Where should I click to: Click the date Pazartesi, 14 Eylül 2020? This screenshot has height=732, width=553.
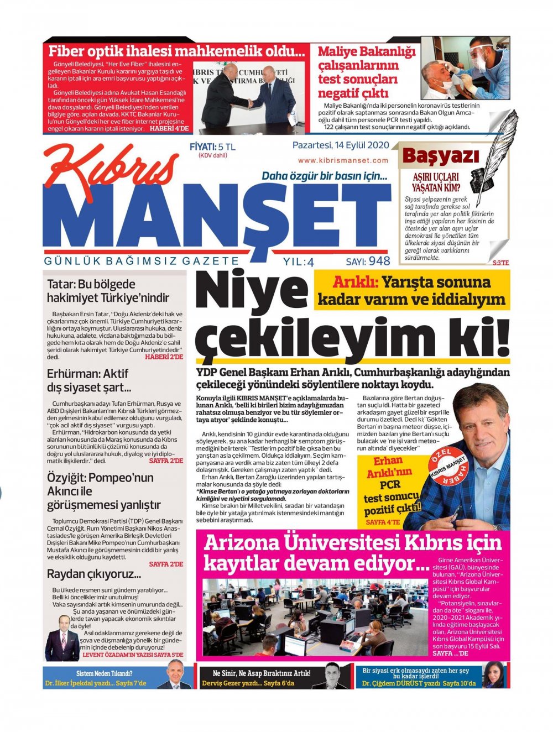341,146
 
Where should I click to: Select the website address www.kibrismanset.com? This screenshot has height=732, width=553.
343,160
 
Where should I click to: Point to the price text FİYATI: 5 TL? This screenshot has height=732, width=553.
212,147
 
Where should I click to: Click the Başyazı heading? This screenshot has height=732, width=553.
440,156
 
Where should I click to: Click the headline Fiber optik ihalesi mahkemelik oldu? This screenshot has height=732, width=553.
176,52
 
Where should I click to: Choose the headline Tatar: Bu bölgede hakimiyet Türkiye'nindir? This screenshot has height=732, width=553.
108,291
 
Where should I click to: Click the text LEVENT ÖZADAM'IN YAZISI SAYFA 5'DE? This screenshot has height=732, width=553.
133,655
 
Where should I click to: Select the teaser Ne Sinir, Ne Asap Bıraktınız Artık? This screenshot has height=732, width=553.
262,673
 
